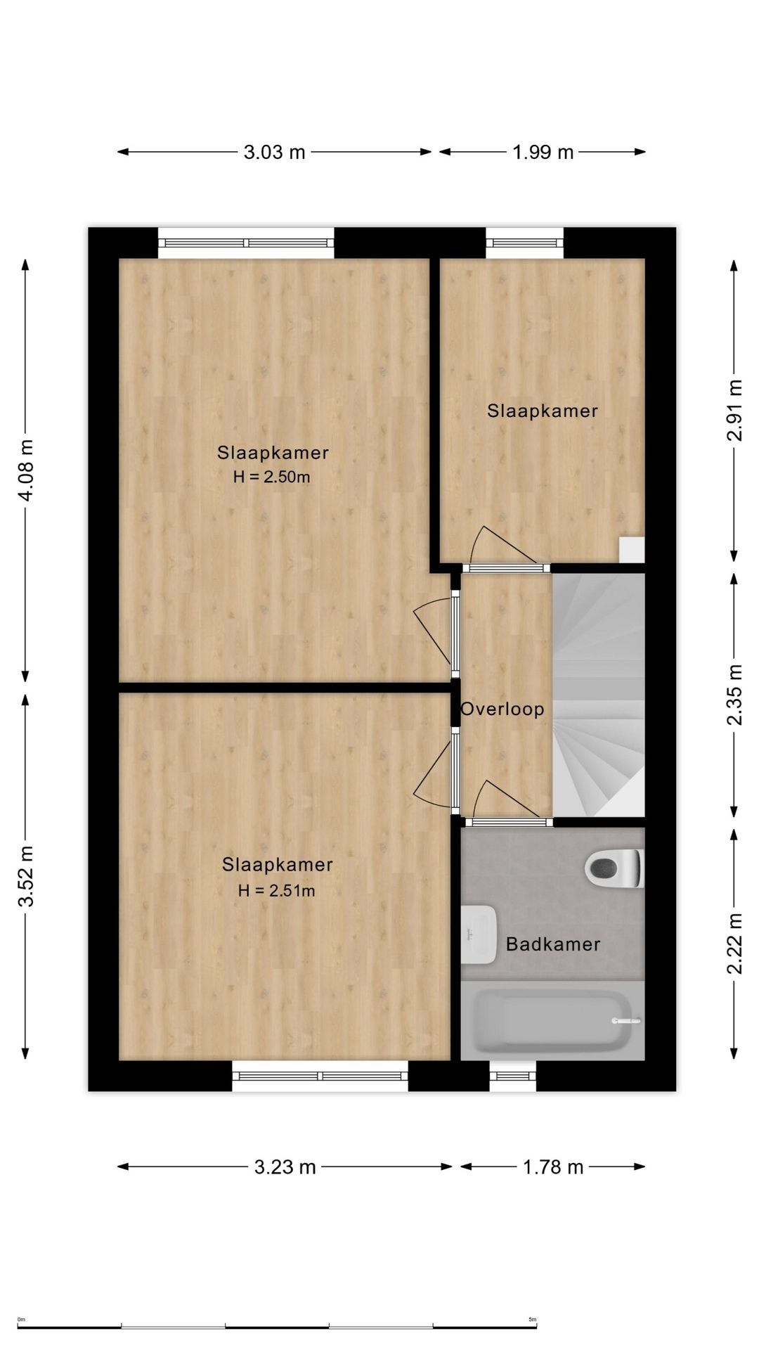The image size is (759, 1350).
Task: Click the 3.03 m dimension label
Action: coord(274,152)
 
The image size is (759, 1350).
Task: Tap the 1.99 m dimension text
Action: coord(543,152)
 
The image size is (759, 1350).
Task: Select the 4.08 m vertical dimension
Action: coord(26,470)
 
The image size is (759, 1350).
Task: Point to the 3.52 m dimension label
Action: coord(26,876)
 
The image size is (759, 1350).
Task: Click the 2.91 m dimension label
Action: coord(734,410)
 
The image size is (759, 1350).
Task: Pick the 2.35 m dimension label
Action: coord(734,695)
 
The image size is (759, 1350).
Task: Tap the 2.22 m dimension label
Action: coord(734,944)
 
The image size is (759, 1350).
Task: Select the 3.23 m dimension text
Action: coord(285,1167)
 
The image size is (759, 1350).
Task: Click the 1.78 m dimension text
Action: coord(553,1167)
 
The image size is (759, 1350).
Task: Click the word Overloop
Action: coord(502,709)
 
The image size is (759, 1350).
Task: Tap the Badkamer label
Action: coord(553,944)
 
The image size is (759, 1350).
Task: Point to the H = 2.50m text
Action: coord(272,477)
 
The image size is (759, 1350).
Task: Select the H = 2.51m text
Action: coord(276,891)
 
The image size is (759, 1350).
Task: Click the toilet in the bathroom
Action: coord(614,868)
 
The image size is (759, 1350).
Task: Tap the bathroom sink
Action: coord(479,934)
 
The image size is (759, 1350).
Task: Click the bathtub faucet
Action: coord(625,1021)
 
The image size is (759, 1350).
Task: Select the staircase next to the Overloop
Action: coord(598,695)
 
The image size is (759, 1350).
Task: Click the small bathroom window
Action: coord(513,1076)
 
